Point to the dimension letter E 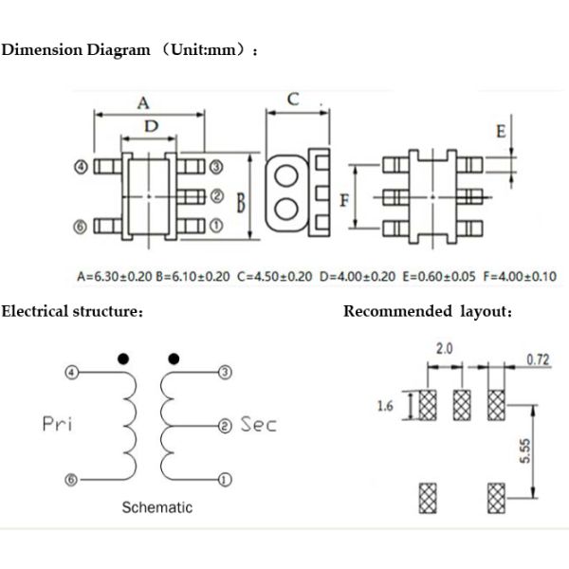500,133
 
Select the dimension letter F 345,199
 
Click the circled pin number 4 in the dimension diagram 82,167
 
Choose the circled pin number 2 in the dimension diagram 216,196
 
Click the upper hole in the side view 283,177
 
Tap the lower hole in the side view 283,209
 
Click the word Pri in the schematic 59,425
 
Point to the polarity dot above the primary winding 122,359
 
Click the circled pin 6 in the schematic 69,480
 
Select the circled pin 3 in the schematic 224,372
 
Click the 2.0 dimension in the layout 444,349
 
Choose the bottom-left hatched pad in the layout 427,496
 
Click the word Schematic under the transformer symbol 156,507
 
